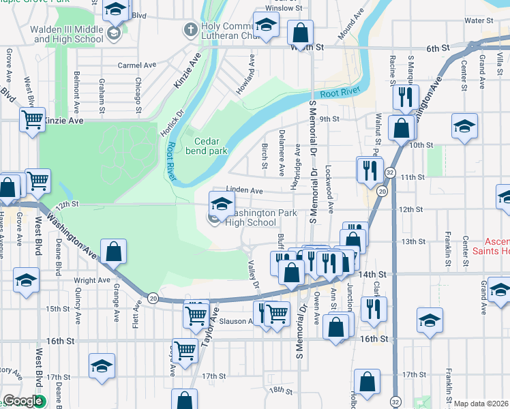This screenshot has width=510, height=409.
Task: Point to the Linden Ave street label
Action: pyautogui.click(x=245, y=191)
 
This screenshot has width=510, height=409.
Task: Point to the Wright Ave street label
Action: pyautogui.click(x=91, y=280)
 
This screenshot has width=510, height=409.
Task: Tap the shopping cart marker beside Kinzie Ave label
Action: pyautogui.click(x=32, y=120)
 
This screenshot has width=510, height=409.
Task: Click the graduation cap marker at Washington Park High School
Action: pyautogui.click(x=221, y=203)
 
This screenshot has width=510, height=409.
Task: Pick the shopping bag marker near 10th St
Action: pyautogui.click(x=402, y=127)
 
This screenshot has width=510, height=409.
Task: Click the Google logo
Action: pyautogui.click(x=22, y=402)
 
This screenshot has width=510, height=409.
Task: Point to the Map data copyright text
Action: pyautogui.click(x=481, y=404)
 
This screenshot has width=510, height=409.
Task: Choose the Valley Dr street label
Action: pyautogui.click(x=254, y=276)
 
